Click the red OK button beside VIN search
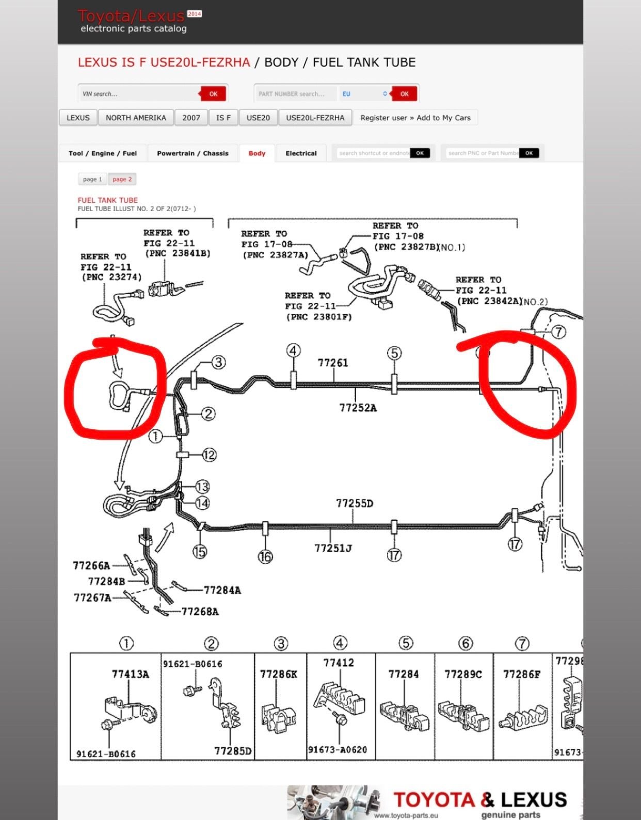(213, 94)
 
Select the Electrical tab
(301, 153)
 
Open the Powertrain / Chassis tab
(193, 153)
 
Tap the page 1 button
(92, 179)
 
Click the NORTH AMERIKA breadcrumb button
(136, 118)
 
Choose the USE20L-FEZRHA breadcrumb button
(315, 118)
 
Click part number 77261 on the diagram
(333, 363)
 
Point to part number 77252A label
(358, 408)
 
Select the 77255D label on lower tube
(354, 503)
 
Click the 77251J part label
(333, 548)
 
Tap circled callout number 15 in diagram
(200, 552)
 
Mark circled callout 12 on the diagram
(209, 455)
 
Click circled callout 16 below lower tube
(265, 556)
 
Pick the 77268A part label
(200, 612)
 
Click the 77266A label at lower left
(91, 566)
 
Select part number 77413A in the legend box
(130, 674)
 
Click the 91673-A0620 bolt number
(338, 749)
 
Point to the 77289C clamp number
(463, 674)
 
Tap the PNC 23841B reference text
(178, 253)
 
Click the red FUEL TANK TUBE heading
(107, 200)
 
